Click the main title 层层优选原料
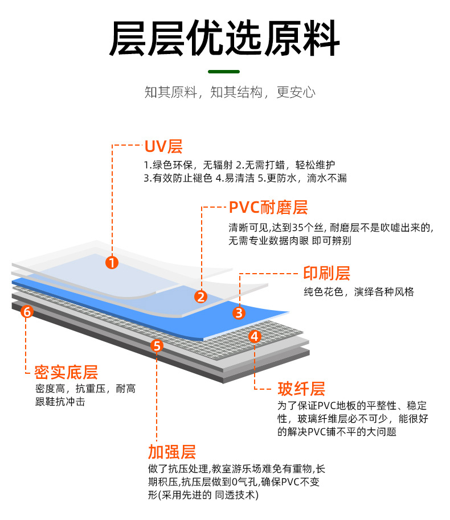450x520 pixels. tap(224, 39)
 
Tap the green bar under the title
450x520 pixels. tap(224, 72)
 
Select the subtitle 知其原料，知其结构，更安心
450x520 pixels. tap(230, 93)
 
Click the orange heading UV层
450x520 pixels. tap(163, 147)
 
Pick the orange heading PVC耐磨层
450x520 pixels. tap(268, 208)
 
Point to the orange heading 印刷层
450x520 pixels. tap(326, 273)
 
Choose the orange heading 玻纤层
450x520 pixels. tap(301, 389)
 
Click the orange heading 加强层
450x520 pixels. tap(172, 452)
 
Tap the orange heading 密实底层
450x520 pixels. tap(66, 373)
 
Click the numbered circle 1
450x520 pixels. tap(112, 262)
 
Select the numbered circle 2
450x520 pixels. tap(201, 296)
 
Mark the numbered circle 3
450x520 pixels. tap(239, 312)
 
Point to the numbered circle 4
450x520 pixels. tap(255, 336)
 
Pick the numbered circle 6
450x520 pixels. tap(26, 311)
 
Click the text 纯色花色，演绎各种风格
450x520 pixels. tap(359, 292)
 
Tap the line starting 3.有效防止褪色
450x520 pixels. tap(245, 178)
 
